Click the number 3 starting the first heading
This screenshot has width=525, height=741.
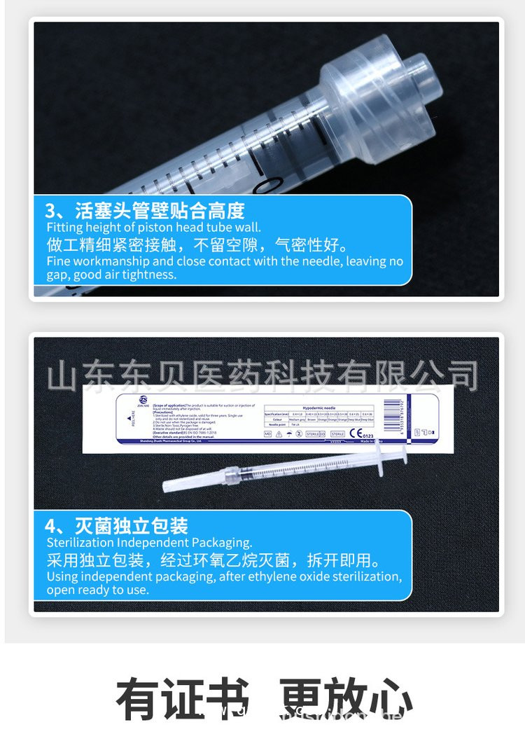pyautogui.click(x=50, y=210)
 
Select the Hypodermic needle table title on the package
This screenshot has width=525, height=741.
pyautogui.click(x=319, y=407)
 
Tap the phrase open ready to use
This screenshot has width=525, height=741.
pyautogui.click(x=97, y=590)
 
